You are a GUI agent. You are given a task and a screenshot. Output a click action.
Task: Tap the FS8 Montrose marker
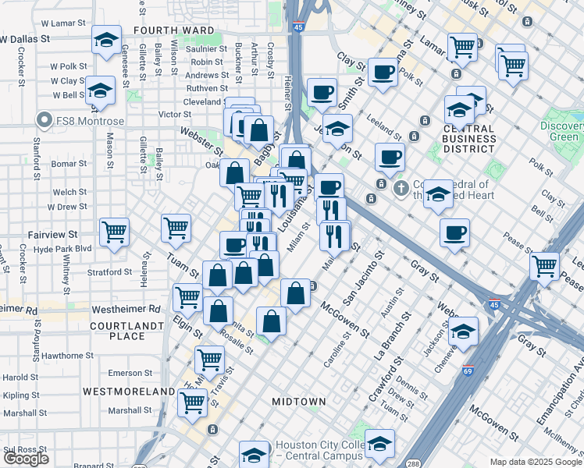click(x=44, y=121)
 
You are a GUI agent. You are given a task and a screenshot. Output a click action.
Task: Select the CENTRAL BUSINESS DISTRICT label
click(x=458, y=139)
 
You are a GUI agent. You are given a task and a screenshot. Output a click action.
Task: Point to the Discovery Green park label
click(x=564, y=132)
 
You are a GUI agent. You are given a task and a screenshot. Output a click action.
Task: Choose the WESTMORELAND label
click(x=129, y=390)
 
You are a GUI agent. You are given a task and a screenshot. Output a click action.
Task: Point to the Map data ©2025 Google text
click(x=536, y=462)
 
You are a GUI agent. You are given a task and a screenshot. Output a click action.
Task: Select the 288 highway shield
click(x=412, y=463)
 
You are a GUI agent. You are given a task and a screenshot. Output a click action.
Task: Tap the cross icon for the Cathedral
click(x=401, y=188)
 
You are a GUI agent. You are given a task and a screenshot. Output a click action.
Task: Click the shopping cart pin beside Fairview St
click(x=115, y=231)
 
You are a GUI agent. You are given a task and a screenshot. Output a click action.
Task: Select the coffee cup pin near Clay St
click(x=382, y=72)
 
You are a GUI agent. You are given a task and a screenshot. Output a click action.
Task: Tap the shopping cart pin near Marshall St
click(x=192, y=402)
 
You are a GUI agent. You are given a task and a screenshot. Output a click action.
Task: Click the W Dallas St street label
click(x=25, y=37)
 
